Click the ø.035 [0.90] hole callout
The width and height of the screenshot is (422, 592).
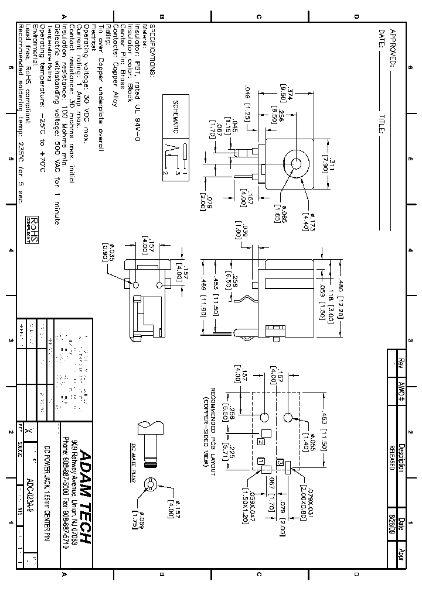coord(108,252)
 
